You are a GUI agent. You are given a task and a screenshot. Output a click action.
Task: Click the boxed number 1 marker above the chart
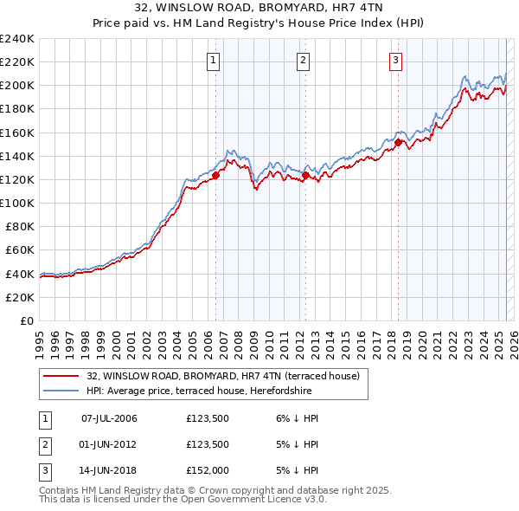tap(213, 60)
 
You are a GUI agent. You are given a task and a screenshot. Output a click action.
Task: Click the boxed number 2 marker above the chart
tap(304, 60)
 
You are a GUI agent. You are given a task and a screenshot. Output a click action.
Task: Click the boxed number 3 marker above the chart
tap(395, 60)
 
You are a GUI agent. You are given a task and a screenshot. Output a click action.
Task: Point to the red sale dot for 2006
tap(215, 175)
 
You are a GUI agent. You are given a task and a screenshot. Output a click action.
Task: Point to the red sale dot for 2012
tap(305, 175)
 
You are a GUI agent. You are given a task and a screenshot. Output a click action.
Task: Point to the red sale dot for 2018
tap(398, 142)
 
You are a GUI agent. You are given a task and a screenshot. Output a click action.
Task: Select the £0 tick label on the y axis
tap(26, 320)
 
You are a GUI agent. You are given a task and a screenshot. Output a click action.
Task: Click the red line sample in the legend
tap(60, 376)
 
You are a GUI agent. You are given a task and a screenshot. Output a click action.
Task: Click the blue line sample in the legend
tap(60, 391)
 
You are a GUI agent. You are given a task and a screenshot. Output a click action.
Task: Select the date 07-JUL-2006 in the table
tap(109, 418)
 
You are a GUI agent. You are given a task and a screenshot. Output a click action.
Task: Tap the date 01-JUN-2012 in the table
tap(109, 444)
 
